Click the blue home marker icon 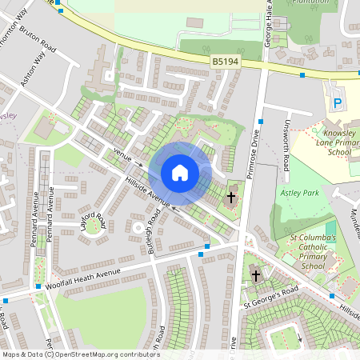180,172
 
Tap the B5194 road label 226,62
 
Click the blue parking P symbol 338,103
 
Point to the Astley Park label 300,193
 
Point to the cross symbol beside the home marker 231,196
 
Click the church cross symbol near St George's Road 256,276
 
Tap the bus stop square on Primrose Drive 261,122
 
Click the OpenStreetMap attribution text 80,354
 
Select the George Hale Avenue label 270,24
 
